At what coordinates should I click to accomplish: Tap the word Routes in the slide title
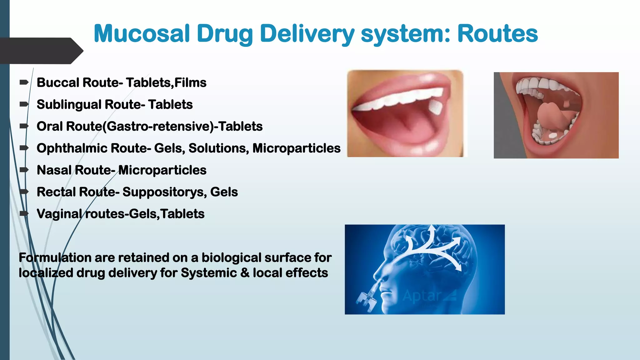click(497, 34)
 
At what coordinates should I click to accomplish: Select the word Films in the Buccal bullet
click(190, 83)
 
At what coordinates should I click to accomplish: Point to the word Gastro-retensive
click(160, 127)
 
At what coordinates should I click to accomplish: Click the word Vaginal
click(59, 214)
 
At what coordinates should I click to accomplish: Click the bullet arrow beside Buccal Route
click(24, 82)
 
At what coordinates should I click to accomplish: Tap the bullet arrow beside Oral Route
click(24, 126)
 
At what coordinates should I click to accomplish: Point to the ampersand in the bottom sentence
click(245, 273)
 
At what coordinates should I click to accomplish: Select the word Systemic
click(208, 273)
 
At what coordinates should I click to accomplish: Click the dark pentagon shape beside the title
click(41, 51)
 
